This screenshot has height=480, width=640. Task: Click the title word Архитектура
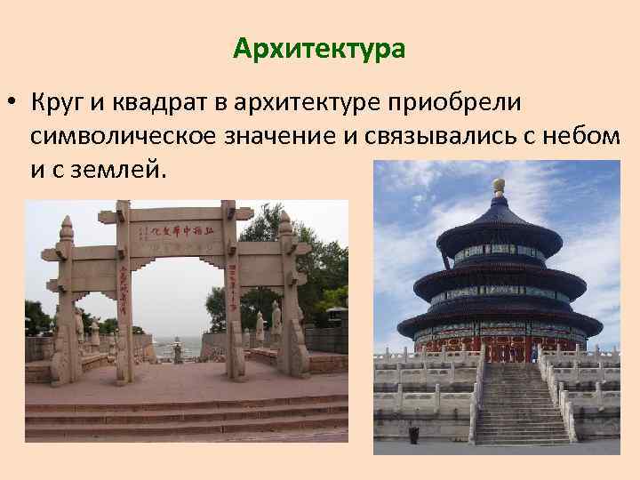tap(319, 48)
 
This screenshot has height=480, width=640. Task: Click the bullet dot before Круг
tap(10, 103)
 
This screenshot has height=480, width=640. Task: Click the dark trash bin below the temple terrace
tap(413, 435)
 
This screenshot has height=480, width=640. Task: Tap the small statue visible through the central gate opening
tap(176, 349)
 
